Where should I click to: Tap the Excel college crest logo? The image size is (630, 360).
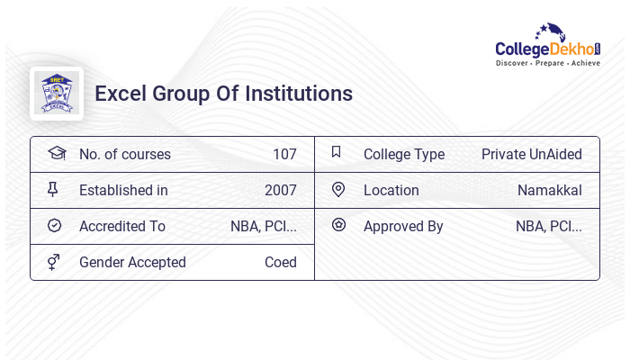(x=57, y=94)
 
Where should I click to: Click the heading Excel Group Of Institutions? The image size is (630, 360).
(x=223, y=94)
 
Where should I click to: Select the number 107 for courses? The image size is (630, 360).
(x=284, y=154)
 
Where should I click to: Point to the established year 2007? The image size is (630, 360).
(x=281, y=190)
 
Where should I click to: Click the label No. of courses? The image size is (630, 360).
(x=124, y=154)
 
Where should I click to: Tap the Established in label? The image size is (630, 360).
(x=123, y=190)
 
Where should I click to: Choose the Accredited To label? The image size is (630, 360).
(x=122, y=226)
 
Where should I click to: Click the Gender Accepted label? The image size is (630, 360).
(x=132, y=262)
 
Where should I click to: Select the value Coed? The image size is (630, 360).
(x=281, y=262)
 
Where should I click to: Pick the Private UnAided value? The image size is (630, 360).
(x=532, y=154)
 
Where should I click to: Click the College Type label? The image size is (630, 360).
(x=404, y=154)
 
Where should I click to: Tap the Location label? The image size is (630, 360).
(x=391, y=190)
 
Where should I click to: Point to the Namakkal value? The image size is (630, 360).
(x=550, y=190)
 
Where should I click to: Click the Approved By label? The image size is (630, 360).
(x=403, y=226)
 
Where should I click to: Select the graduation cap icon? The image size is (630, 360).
(x=57, y=153)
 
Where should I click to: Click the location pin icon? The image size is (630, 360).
(x=338, y=189)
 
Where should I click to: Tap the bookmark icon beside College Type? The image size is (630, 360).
(x=337, y=152)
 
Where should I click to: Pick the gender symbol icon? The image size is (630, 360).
(x=54, y=261)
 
